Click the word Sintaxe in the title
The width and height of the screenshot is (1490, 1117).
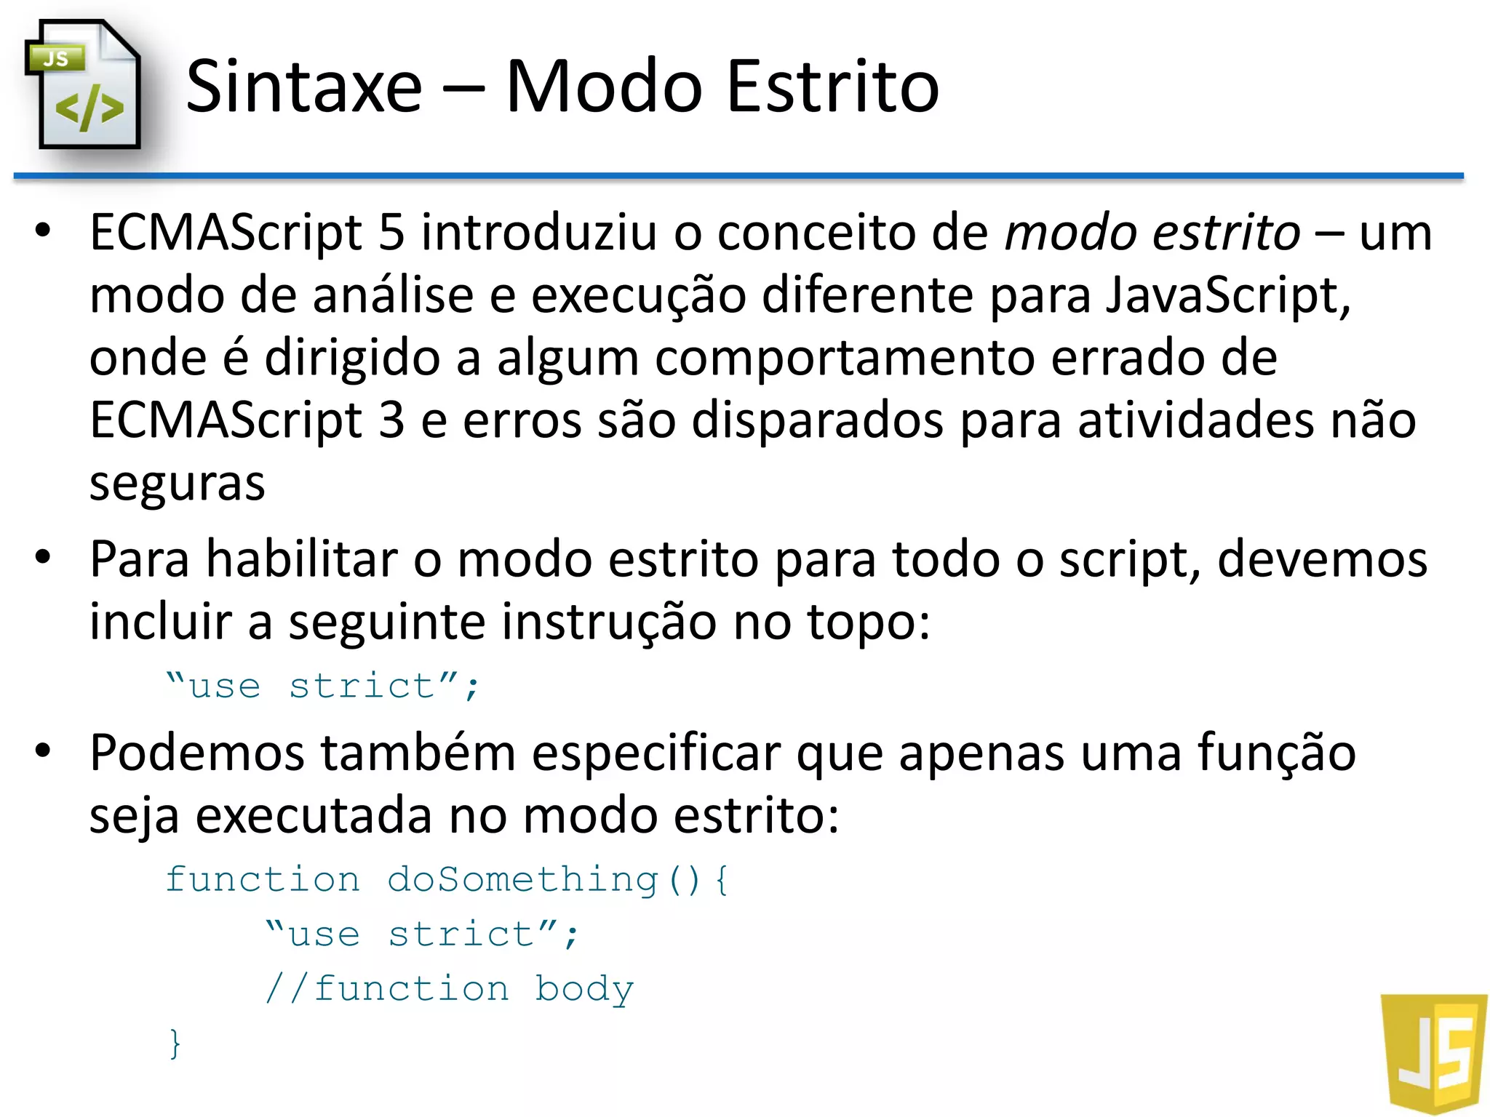coord(304,87)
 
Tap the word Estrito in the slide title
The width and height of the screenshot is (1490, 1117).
coord(832,87)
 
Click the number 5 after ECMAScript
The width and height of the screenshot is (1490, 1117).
coord(391,233)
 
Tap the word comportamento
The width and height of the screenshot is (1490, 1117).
coord(845,359)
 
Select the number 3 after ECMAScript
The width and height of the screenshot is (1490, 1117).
coord(391,421)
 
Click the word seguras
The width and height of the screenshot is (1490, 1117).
coord(177,484)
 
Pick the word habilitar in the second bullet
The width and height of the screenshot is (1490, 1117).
coord(302,559)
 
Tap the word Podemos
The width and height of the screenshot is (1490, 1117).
coord(196,753)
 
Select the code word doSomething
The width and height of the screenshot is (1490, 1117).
coord(522,880)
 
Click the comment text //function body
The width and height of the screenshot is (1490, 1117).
coord(450,989)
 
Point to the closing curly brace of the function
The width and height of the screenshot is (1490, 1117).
coord(175,1044)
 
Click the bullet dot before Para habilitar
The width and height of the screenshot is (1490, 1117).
coord(44,558)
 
